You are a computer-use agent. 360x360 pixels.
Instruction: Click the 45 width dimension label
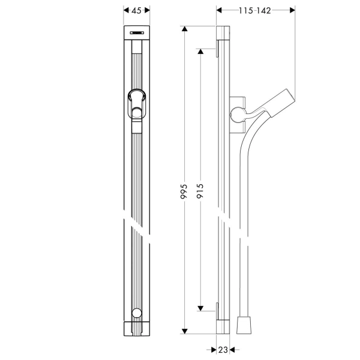[137, 10]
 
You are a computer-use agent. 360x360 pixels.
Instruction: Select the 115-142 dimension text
[255, 11]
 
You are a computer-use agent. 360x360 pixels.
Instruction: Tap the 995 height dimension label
[184, 191]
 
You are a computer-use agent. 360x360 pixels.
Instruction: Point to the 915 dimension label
[200, 191]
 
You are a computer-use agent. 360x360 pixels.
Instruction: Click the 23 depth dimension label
[223, 350]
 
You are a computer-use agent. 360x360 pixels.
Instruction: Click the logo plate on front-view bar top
[137, 33]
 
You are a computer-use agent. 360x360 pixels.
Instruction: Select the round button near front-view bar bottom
[137, 313]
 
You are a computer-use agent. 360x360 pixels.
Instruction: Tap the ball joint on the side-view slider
[238, 115]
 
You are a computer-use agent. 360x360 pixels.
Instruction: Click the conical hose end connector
[244, 325]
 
